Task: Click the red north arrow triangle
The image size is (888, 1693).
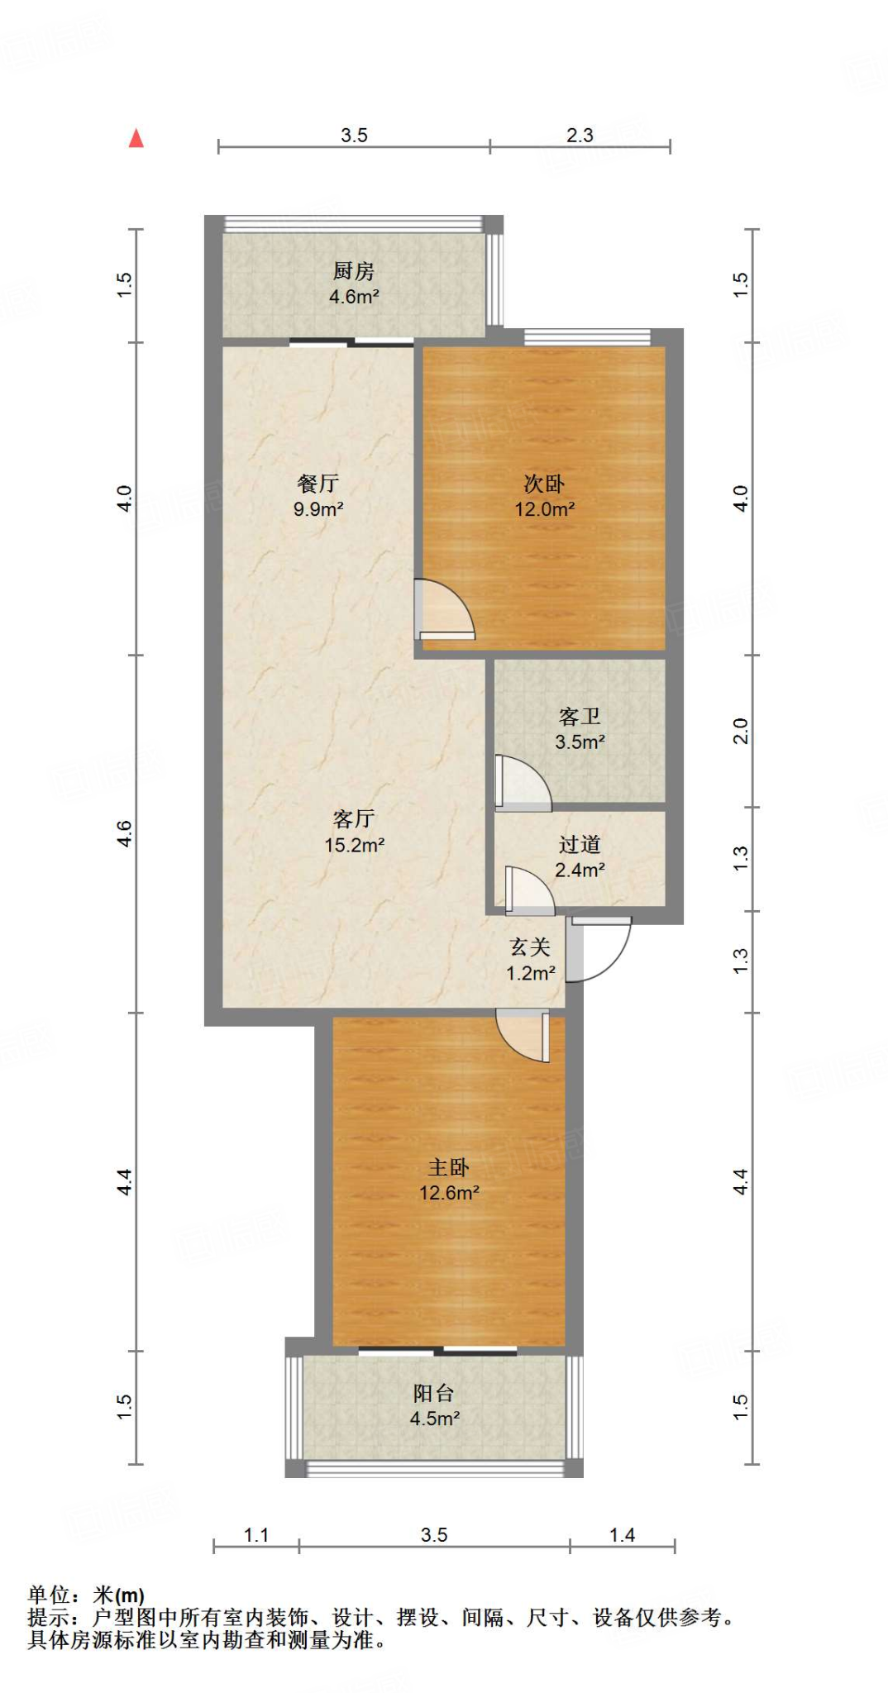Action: click(x=136, y=138)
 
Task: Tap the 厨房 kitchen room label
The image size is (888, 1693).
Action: click(x=354, y=270)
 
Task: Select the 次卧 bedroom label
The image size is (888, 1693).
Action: click(x=544, y=484)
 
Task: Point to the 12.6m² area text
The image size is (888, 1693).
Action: click(x=449, y=1193)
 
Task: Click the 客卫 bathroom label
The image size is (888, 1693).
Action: click(x=580, y=716)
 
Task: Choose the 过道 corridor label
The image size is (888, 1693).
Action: click(x=580, y=844)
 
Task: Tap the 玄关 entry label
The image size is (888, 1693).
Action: click(x=530, y=947)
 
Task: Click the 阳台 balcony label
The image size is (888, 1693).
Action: click(x=434, y=1394)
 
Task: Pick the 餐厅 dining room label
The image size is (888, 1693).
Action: click(x=318, y=484)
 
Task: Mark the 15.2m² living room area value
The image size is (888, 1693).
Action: click(x=354, y=845)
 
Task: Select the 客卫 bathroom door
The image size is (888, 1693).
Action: click(x=522, y=782)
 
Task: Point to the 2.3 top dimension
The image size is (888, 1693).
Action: click(x=580, y=135)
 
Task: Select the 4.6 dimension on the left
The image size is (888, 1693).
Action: click(x=124, y=833)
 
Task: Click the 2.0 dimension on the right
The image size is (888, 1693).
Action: click(x=741, y=732)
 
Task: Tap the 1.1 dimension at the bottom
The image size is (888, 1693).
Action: click(x=256, y=1535)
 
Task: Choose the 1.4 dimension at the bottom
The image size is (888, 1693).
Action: click(x=622, y=1535)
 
